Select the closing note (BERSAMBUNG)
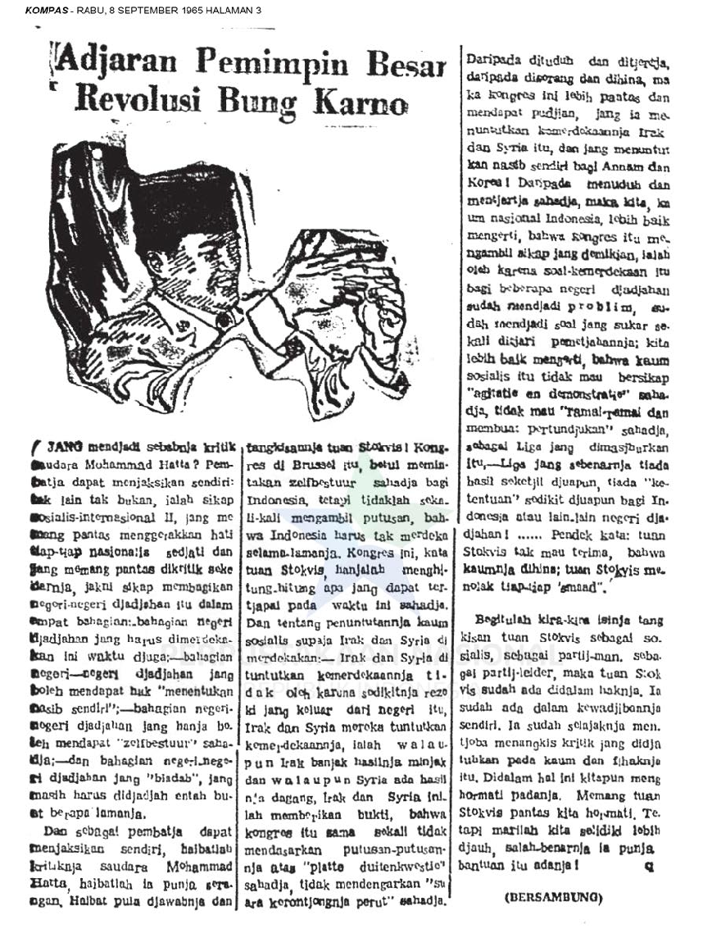(x=552, y=898)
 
